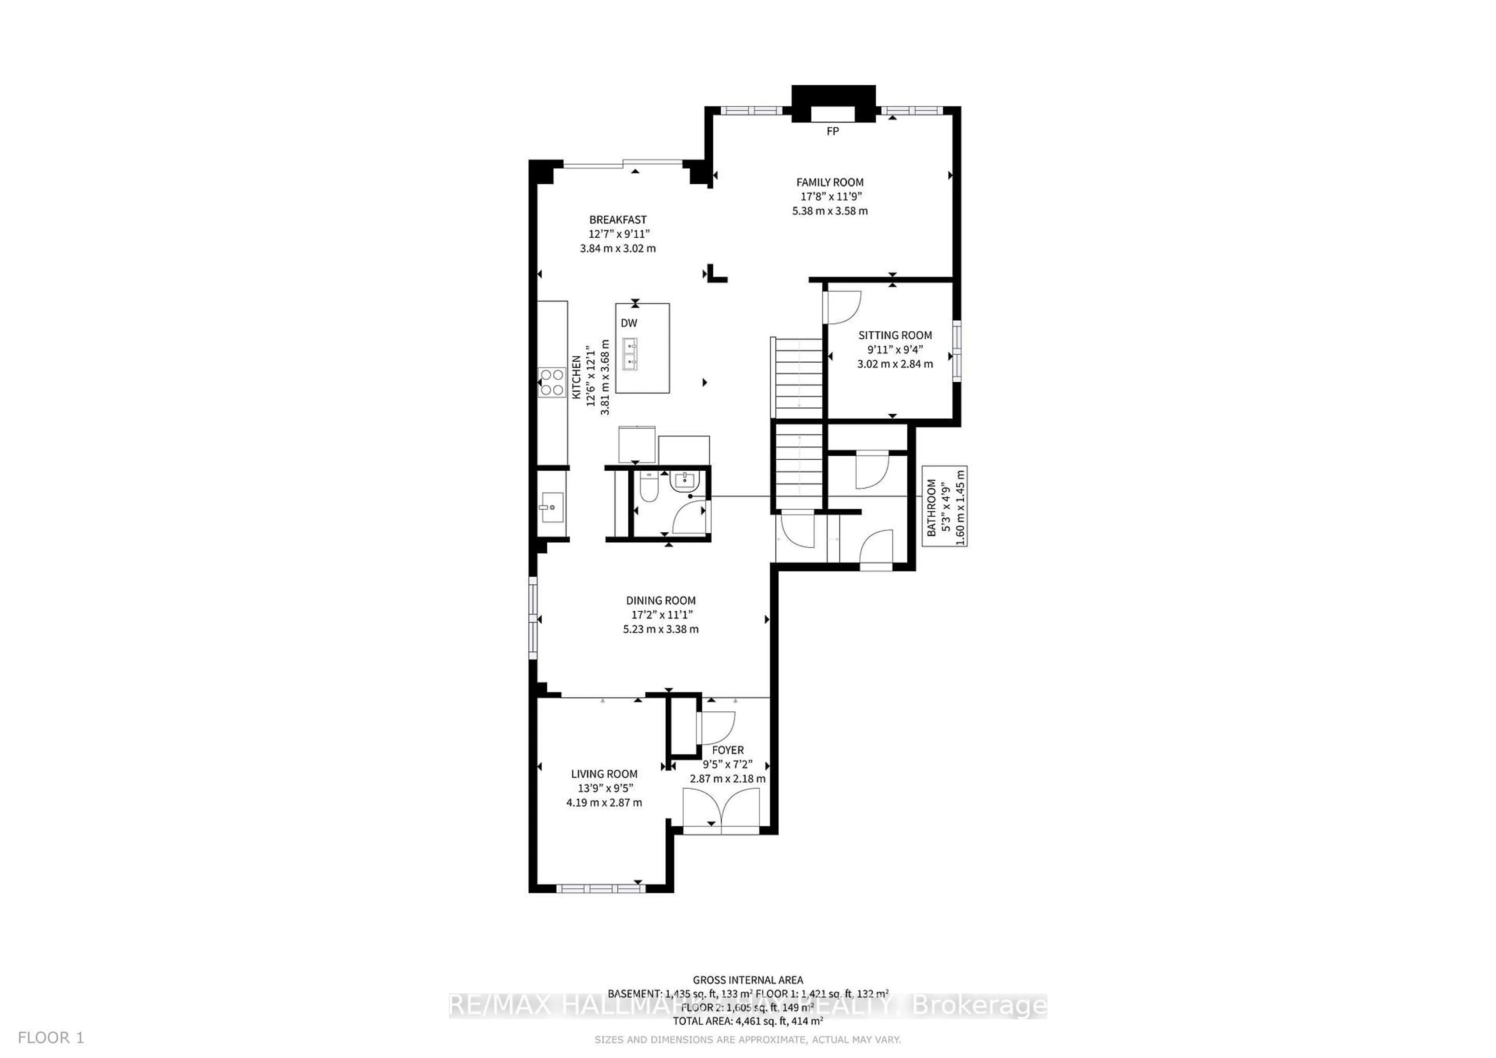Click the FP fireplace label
tap(832, 131)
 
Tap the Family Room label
tap(829, 182)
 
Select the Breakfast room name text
tap(618, 220)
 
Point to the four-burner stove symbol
tap(552, 383)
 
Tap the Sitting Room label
tap(894, 335)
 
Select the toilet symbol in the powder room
tap(647, 488)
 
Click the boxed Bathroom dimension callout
tap(944, 507)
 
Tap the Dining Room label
tap(661, 600)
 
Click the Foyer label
tap(727, 750)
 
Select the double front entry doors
tap(721, 809)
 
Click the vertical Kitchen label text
tap(576, 377)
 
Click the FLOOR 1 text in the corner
tap(51, 1037)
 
